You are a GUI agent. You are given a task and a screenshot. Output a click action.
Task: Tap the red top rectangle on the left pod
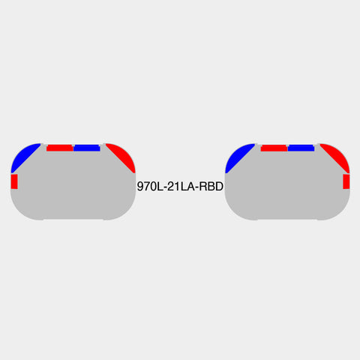tap(60, 148)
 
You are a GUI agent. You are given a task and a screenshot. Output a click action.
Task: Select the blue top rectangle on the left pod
tap(87, 148)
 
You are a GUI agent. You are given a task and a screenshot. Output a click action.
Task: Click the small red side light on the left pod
tap(14, 181)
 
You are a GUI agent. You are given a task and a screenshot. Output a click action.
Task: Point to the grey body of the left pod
tap(73, 190)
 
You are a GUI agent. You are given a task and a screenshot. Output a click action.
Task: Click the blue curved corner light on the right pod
tap(237, 157)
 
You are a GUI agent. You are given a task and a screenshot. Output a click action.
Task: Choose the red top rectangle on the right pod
tap(274, 148)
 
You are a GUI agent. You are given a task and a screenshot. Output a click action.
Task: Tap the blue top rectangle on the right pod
tap(301, 148)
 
